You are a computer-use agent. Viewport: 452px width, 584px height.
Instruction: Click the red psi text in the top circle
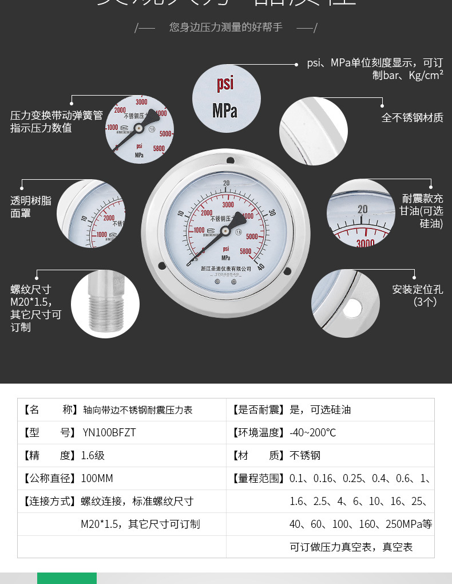click(x=225, y=84)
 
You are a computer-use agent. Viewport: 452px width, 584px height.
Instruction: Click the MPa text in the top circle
click(x=225, y=110)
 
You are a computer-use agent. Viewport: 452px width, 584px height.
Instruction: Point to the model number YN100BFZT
click(x=109, y=433)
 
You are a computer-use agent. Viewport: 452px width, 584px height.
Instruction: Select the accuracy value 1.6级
click(x=93, y=456)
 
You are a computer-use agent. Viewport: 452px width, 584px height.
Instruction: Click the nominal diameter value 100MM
click(x=97, y=479)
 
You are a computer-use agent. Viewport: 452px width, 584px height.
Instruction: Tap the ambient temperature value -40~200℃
click(x=312, y=433)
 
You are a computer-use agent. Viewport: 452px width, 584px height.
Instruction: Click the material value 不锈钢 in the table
click(x=305, y=456)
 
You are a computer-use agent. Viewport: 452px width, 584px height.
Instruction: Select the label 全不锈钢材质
click(x=412, y=118)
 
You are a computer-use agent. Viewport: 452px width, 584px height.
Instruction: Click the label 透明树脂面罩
click(x=31, y=207)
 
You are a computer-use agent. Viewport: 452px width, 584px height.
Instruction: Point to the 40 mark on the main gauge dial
click(x=261, y=266)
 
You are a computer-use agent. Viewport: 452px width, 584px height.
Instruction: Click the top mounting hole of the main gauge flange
click(x=229, y=161)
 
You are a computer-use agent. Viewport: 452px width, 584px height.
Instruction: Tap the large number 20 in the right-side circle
click(x=363, y=210)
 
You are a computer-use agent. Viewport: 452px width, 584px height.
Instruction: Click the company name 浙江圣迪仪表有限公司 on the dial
click(x=227, y=269)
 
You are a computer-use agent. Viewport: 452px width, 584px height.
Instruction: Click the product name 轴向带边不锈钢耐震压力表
click(x=138, y=410)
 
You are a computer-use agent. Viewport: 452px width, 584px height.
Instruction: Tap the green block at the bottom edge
click(x=67, y=578)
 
